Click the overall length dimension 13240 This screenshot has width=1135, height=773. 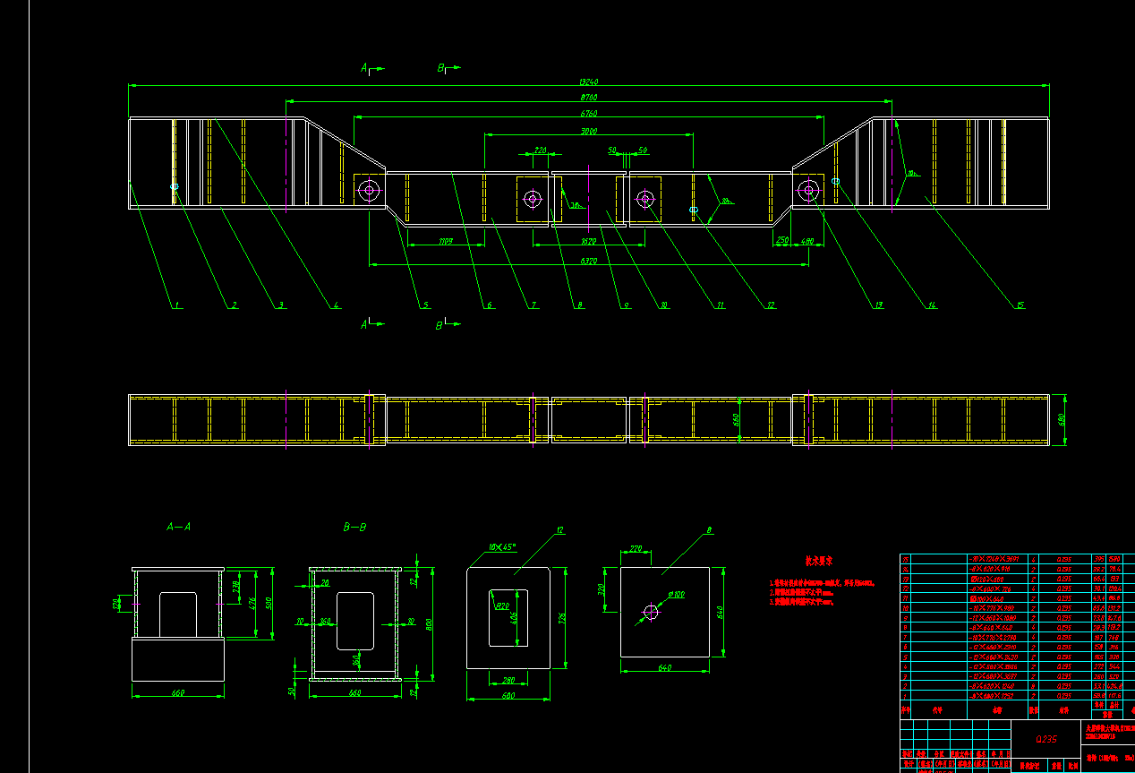(x=587, y=82)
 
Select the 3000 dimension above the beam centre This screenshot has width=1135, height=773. (x=588, y=131)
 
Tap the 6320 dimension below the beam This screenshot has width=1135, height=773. (x=588, y=261)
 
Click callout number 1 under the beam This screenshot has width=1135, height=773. (x=177, y=305)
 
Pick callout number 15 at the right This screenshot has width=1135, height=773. (x=1020, y=305)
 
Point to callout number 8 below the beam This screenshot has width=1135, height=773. (x=580, y=305)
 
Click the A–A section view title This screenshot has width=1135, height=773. (x=178, y=528)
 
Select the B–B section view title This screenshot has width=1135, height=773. (x=354, y=528)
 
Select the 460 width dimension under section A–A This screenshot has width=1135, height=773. (x=177, y=692)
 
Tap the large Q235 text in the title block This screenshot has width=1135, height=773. (x=1045, y=739)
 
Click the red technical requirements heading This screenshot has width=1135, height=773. (x=819, y=561)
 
